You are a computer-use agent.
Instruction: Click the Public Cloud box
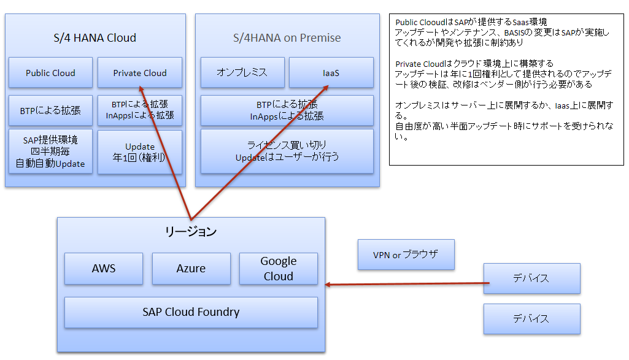(50, 72)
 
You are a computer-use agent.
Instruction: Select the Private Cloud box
(140, 72)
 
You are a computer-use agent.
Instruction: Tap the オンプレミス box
(242, 72)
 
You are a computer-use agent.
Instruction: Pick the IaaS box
(331, 72)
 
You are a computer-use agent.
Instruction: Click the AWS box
(104, 268)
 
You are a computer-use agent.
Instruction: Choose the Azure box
(191, 268)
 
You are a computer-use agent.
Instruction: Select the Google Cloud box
(279, 268)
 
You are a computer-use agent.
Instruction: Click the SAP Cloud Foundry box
(191, 312)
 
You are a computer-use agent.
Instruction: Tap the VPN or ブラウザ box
(406, 255)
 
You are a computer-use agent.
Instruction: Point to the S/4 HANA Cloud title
(95, 37)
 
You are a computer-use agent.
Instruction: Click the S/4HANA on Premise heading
(287, 37)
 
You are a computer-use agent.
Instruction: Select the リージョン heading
(191, 231)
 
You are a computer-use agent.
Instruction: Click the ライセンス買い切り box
(287, 151)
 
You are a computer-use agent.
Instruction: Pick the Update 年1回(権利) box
(140, 151)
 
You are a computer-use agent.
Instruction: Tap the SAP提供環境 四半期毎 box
(50, 151)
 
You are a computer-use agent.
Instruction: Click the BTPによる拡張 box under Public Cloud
(50, 111)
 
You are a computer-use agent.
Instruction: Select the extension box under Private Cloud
(140, 110)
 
